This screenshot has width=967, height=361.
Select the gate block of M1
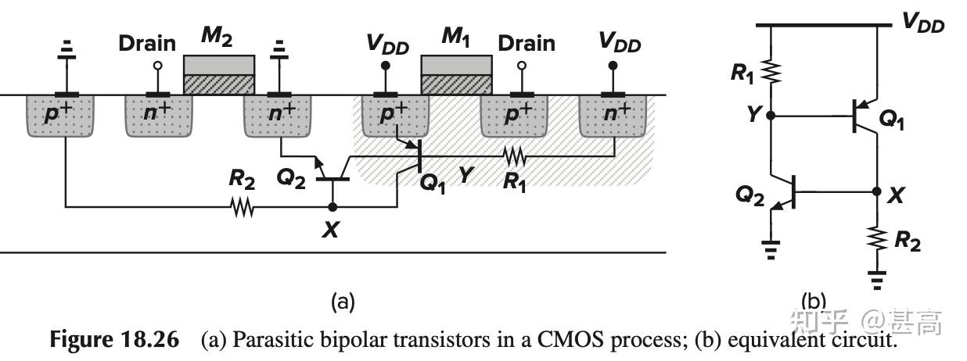coord(456,74)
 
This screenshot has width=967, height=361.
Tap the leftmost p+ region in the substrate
coord(61,116)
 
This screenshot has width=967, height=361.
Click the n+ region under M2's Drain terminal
coord(159,116)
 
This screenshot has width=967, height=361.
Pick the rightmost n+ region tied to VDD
coord(613,116)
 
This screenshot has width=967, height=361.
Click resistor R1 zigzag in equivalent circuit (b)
coord(771,72)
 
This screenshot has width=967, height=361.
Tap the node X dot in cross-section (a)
coord(333,207)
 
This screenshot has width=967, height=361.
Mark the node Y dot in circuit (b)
coord(771,116)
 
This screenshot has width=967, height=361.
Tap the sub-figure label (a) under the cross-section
coord(343,301)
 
